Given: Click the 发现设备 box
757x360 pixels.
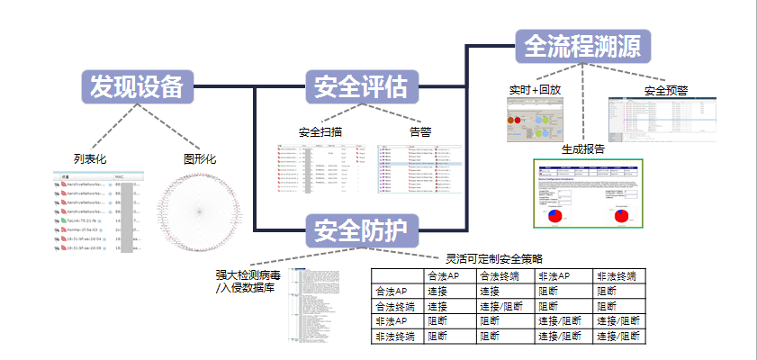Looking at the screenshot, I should [137, 86].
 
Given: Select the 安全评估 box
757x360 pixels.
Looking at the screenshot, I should [361, 87].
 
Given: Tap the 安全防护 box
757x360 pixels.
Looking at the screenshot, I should [361, 230].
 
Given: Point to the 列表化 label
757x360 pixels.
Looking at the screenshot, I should [91, 159].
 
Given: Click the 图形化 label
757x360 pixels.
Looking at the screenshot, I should [200, 159].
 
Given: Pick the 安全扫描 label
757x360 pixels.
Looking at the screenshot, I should [326, 132].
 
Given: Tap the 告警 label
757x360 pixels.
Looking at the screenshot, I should [420, 132].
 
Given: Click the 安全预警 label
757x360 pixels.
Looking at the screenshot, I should [666, 91].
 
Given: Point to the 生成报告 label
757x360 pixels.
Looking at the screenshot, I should [583, 148].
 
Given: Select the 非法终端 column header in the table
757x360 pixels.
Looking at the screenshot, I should [618, 276].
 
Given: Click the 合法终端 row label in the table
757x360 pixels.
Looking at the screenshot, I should [397, 306].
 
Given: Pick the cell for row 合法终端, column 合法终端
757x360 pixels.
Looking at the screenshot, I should [505, 306].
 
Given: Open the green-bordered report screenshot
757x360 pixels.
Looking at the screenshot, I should [589, 195].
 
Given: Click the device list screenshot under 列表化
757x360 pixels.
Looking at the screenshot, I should [97, 212].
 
